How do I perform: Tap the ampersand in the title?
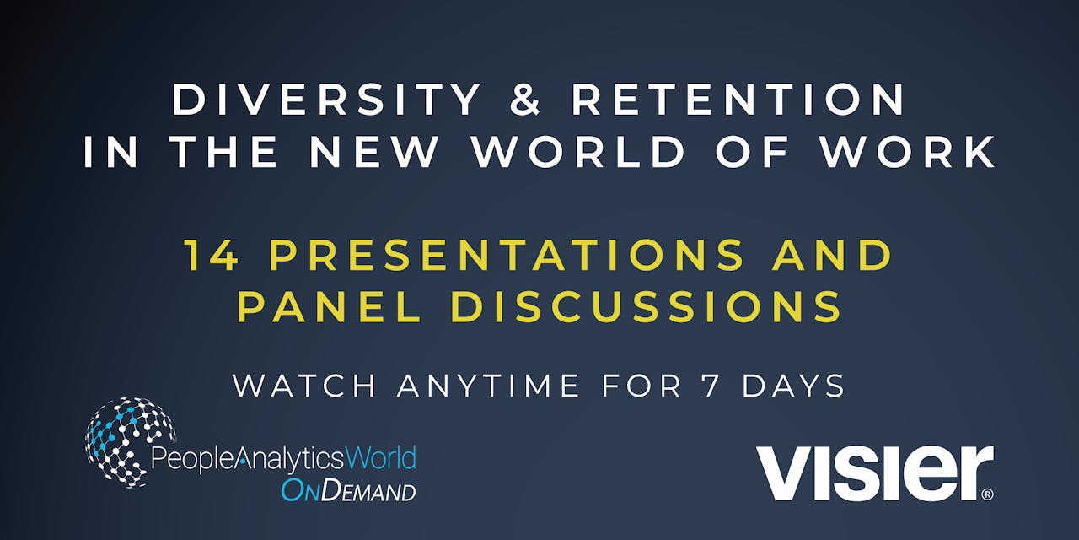526,100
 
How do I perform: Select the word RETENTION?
738,100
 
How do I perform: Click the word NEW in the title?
374,152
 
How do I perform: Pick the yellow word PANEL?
330,307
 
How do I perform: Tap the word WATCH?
304,386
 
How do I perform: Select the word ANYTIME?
489,386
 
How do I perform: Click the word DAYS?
793,386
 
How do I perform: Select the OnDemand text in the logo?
348,490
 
